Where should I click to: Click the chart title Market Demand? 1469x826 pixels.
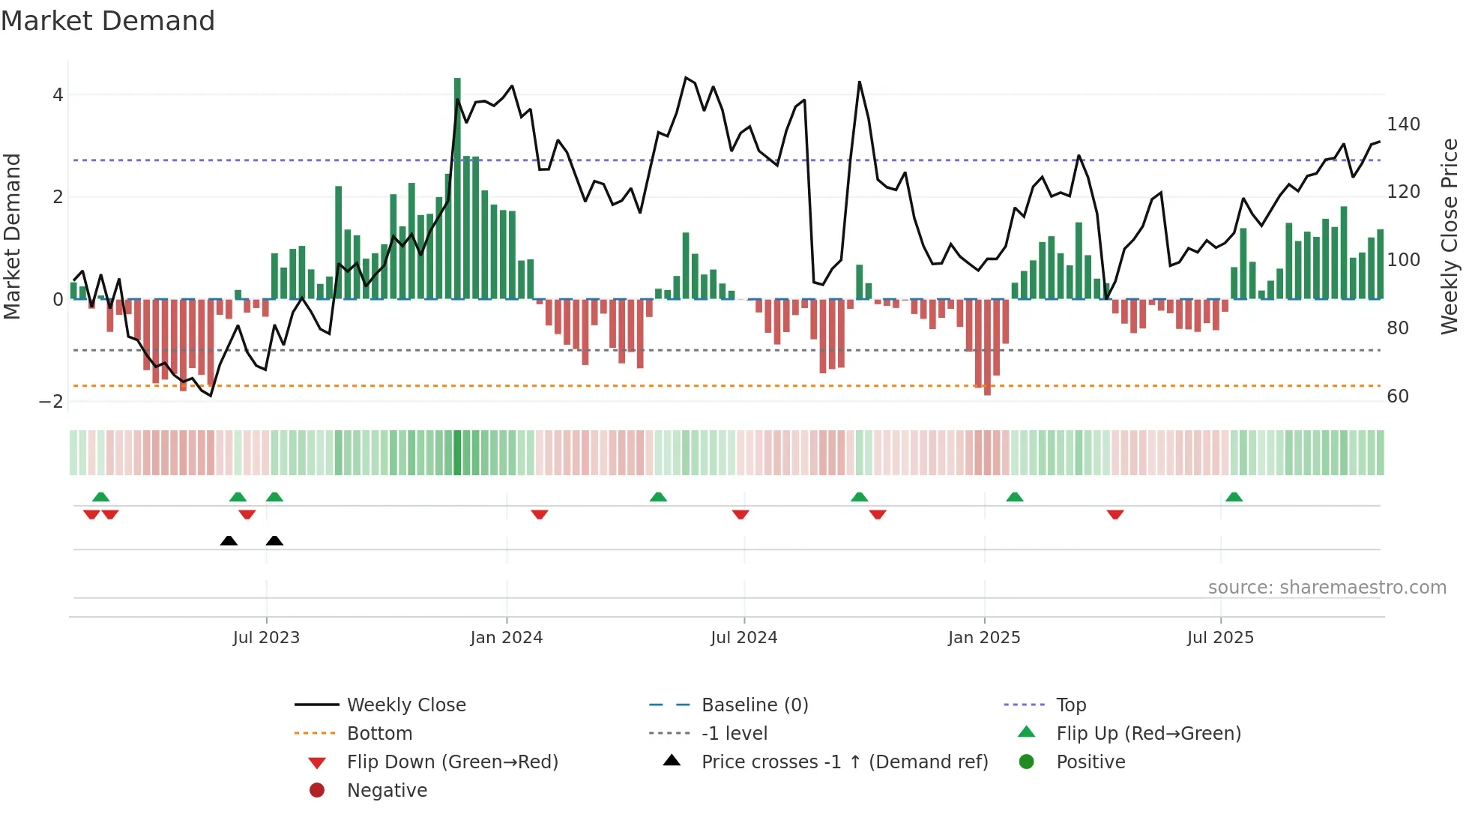click(x=108, y=21)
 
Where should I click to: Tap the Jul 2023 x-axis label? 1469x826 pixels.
click(x=266, y=638)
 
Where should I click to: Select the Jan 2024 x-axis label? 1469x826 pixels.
click(x=507, y=638)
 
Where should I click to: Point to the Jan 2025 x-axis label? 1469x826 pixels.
click(x=984, y=638)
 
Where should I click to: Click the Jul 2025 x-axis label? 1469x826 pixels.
click(x=1220, y=638)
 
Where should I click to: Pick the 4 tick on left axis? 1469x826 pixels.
click(x=58, y=95)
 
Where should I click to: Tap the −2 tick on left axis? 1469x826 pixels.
click(x=52, y=402)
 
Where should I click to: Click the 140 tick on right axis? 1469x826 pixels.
click(x=1403, y=124)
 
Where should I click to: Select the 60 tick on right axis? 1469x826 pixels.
click(x=1398, y=397)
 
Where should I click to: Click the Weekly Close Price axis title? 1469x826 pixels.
click(x=1450, y=236)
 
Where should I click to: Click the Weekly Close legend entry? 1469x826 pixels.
click(x=406, y=705)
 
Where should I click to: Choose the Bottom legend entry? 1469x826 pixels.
click(x=379, y=734)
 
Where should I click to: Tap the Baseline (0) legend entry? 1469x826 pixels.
click(x=755, y=705)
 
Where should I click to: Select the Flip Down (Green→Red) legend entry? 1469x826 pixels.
click(x=452, y=762)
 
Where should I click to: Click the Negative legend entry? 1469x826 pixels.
click(x=387, y=791)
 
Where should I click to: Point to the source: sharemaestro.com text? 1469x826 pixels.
click(x=1327, y=588)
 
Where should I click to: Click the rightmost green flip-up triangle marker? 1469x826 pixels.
click(x=1234, y=497)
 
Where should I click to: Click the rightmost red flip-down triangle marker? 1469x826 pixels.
click(x=1115, y=514)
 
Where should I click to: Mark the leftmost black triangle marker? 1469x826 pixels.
click(x=229, y=540)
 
